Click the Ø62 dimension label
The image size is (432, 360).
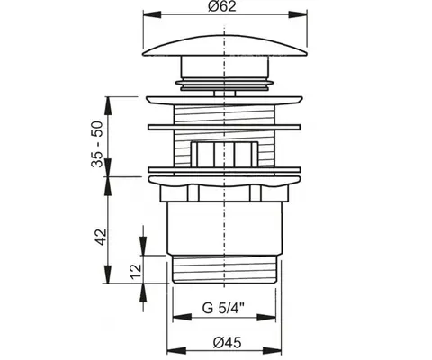tap(222, 6)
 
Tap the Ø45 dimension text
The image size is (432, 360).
tap(227, 342)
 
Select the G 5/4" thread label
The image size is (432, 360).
tap(224, 308)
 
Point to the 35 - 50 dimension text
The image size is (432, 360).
tap(97, 144)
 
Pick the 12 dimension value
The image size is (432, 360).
tap(136, 272)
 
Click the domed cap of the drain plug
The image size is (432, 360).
tap(225, 46)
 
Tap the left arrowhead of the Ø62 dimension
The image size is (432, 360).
tap(152, 15)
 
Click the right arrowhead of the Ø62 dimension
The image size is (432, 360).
tap(298, 15)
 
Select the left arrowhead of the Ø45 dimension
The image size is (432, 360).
tap(176, 350)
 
